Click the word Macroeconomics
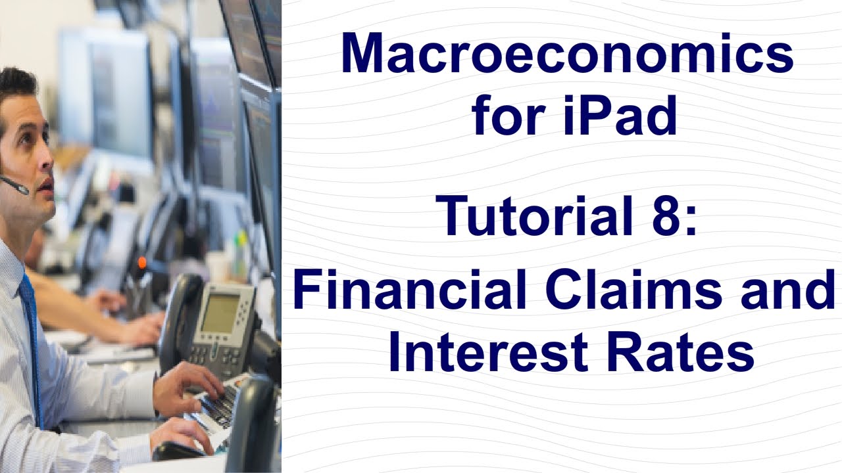click(x=567, y=53)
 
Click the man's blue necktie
click(x=31, y=342)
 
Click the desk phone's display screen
click(x=219, y=311)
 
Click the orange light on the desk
click(x=141, y=263)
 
